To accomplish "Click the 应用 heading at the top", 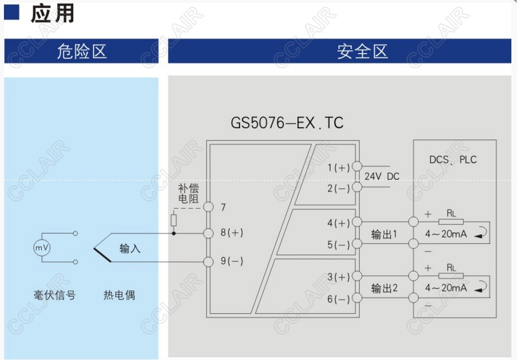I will click(52, 13).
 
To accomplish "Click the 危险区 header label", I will click(81, 51).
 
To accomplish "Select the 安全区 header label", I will click(363, 51).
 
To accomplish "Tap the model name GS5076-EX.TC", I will click(287, 122).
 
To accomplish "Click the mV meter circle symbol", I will click(41, 248).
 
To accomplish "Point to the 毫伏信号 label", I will click(54, 295).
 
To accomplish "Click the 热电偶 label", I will click(119, 295).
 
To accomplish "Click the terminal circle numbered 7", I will click(209, 207).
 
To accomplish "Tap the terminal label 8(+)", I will click(232, 232).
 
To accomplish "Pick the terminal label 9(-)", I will click(232, 261).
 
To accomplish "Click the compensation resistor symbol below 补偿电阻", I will click(174, 220).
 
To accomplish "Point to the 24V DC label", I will click(382, 177).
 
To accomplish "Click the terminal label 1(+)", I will click(339, 167).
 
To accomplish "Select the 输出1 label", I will click(385, 234).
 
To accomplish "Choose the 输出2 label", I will click(385, 288).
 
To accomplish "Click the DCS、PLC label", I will click(453, 160).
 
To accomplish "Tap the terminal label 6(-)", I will click(339, 299).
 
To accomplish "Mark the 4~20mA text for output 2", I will click(446, 288).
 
